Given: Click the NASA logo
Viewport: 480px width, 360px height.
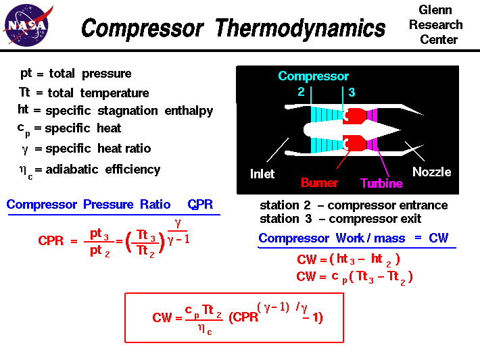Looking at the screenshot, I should point(27,26).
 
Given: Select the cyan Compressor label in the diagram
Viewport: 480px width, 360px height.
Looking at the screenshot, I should point(313,76).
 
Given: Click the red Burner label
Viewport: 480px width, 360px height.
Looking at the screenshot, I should point(319,182).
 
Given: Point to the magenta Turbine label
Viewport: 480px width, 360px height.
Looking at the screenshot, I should point(381,183).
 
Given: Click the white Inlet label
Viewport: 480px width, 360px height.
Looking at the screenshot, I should point(262,174).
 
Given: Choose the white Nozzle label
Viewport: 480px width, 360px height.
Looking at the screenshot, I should point(431,172).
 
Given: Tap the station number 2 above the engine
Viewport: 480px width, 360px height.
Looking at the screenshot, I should point(301,92).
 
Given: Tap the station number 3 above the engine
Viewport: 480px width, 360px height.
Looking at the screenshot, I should point(352,92).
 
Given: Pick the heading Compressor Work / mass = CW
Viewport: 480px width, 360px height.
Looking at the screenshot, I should point(353,238).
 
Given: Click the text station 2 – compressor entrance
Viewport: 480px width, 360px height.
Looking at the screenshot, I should point(353,205).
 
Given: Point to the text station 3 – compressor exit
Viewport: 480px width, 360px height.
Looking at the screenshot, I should point(340,219).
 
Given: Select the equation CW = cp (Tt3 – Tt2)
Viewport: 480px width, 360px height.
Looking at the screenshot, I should point(354,276).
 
